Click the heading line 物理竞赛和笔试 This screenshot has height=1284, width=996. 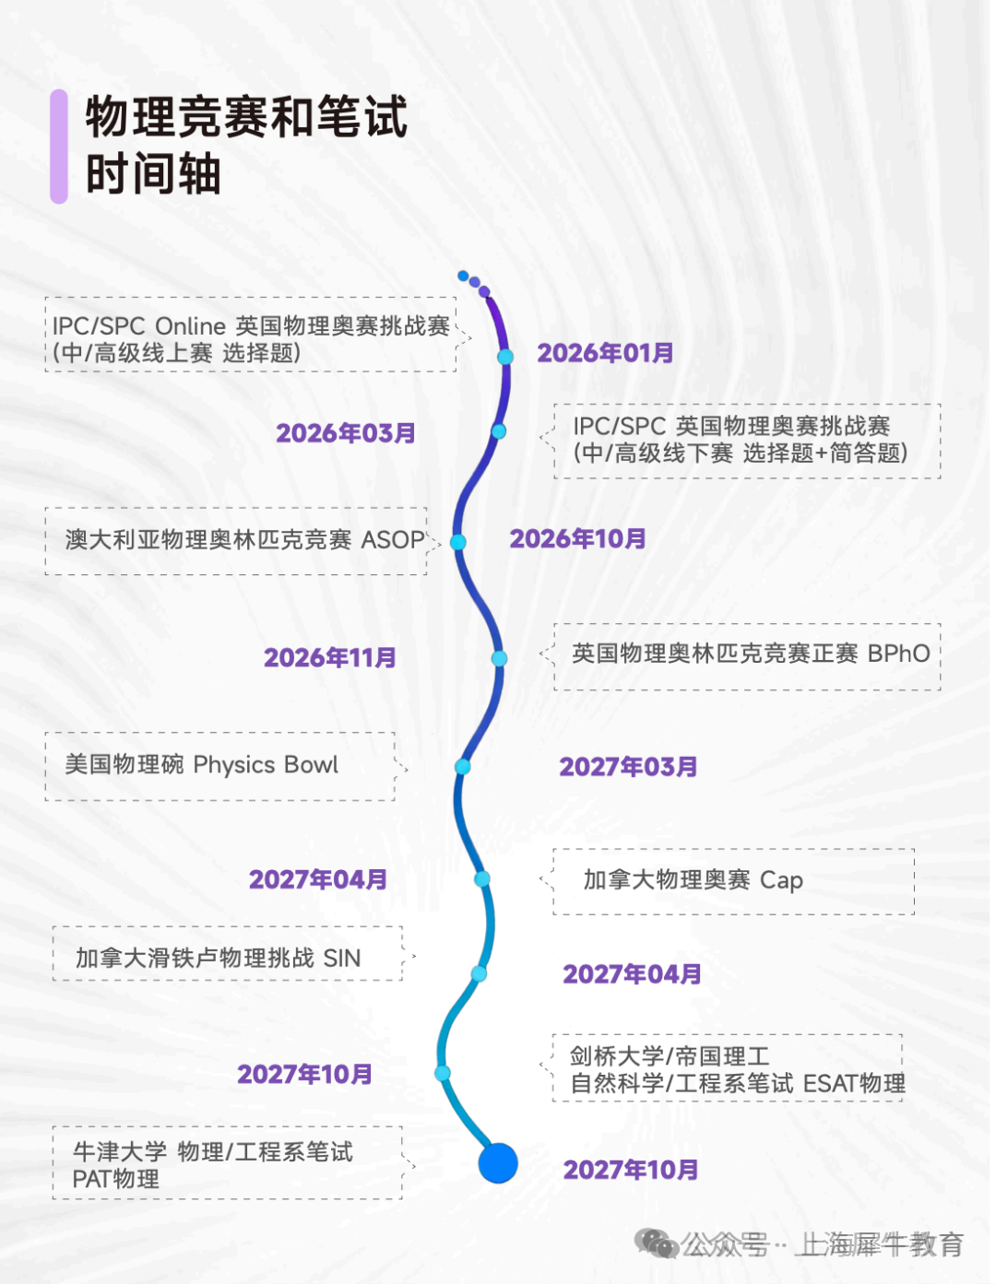coord(246,117)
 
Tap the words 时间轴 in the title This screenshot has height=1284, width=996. coord(153,174)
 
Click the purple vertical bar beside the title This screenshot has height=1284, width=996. coord(59,146)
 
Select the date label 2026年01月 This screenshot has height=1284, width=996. coord(605,353)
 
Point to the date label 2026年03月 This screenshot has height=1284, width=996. coord(346,433)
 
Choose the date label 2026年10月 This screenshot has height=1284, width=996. coord(577,539)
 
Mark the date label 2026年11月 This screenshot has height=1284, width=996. coord(330,658)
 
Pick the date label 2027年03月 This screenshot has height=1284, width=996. coord(628,767)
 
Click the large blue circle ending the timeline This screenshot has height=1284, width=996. coord(498,1163)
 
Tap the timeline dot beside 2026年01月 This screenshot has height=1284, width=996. coord(505,357)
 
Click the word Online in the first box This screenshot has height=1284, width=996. coord(190,326)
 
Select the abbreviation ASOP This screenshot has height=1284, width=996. coord(393,540)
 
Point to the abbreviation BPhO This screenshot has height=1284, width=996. coord(898,654)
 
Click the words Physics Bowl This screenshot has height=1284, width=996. coord(266,765)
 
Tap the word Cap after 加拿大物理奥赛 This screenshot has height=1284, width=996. coord(781,880)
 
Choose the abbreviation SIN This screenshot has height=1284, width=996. coord(341,959)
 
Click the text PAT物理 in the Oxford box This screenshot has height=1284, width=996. coord(115,1179)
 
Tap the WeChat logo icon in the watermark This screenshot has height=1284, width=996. coord(657,1244)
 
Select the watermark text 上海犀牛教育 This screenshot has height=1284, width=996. coord(881,1245)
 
